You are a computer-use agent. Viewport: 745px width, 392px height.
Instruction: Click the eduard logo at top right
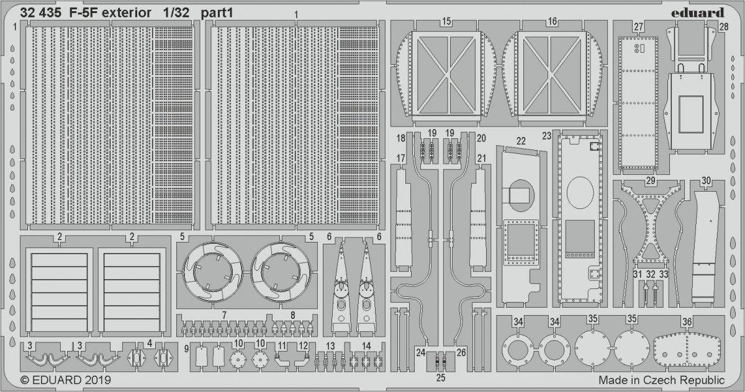click(x=697, y=13)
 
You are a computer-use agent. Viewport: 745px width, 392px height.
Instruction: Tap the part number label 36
click(x=687, y=321)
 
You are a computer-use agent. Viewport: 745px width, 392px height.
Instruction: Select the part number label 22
click(x=521, y=141)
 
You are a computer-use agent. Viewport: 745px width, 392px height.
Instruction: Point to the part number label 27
click(x=638, y=27)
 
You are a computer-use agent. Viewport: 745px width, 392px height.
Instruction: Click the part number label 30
click(x=706, y=180)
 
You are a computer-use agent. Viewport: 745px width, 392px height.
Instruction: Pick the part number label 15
click(x=446, y=22)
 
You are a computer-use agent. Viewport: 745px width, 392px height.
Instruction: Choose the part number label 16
click(x=553, y=22)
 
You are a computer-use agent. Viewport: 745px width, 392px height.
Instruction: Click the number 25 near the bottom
click(x=441, y=378)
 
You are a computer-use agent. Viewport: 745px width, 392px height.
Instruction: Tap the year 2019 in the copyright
click(x=97, y=380)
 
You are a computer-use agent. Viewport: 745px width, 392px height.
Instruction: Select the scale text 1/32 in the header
click(x=176, y=13)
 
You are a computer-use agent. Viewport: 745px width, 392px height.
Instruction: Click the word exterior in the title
click(x=127, y=13)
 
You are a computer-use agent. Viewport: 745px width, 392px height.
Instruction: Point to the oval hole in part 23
click(x=580, y=192)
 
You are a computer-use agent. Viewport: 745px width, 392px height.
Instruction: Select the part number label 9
click(x=187, y=349)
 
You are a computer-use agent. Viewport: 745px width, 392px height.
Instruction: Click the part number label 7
click(x=224, y=315)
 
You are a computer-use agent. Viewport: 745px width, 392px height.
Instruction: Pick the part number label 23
click(x=546, y=136)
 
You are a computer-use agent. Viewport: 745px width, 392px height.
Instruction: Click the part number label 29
click(x=651, y=180)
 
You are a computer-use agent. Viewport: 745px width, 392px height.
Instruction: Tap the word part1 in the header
click(x=217, y=13)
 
